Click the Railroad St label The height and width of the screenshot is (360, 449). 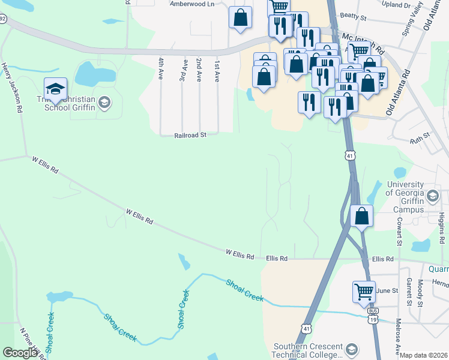[190, 136]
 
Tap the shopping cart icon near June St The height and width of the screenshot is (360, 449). [364, 292]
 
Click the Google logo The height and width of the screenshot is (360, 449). [20, 352]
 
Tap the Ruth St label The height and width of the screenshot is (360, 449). [421, 138]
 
